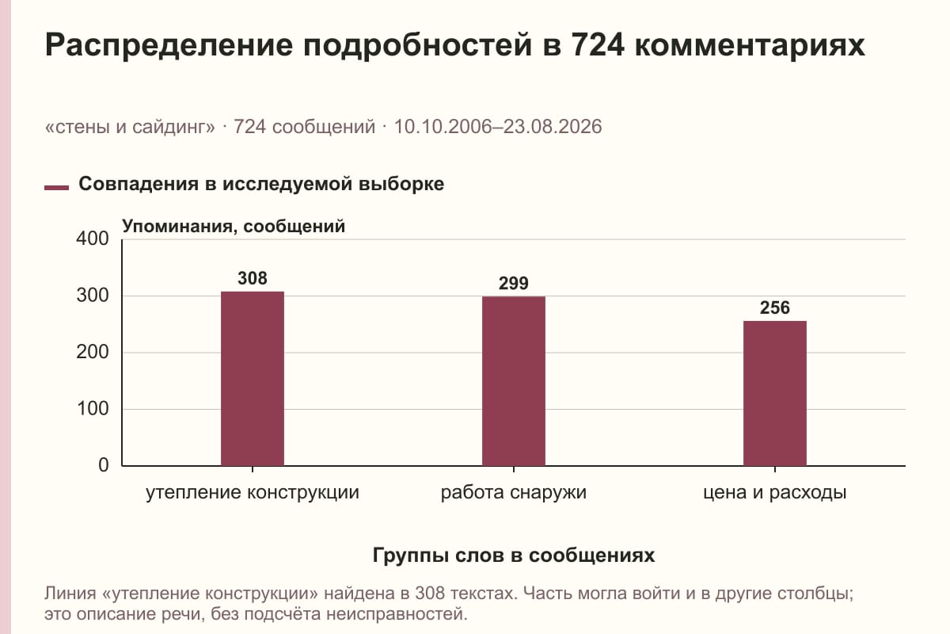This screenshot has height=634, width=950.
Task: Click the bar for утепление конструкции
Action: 253,378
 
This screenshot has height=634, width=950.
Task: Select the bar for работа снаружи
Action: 514,381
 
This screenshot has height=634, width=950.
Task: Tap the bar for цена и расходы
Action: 775,393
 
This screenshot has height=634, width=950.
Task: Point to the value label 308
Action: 253,278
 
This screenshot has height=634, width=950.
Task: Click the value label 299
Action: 514,283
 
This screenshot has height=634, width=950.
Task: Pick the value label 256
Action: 775,307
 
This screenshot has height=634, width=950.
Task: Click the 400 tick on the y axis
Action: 93,239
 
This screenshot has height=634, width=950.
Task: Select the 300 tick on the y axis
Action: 93,296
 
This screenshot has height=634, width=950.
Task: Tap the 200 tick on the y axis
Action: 93,352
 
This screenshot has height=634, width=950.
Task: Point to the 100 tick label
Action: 93,408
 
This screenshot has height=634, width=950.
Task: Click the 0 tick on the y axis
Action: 104,465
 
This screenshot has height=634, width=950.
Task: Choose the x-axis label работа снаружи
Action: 514,493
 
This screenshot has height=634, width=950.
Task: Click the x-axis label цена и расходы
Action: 775,493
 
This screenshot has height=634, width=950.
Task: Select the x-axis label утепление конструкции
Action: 253,493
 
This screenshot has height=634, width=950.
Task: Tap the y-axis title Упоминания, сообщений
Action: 234,227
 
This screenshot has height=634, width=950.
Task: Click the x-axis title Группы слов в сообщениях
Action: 514,556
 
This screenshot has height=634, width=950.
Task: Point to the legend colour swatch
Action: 56,188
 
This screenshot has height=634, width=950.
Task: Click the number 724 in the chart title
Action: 597,45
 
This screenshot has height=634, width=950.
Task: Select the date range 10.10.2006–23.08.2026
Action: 498,127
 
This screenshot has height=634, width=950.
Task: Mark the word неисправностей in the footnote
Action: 396,614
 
